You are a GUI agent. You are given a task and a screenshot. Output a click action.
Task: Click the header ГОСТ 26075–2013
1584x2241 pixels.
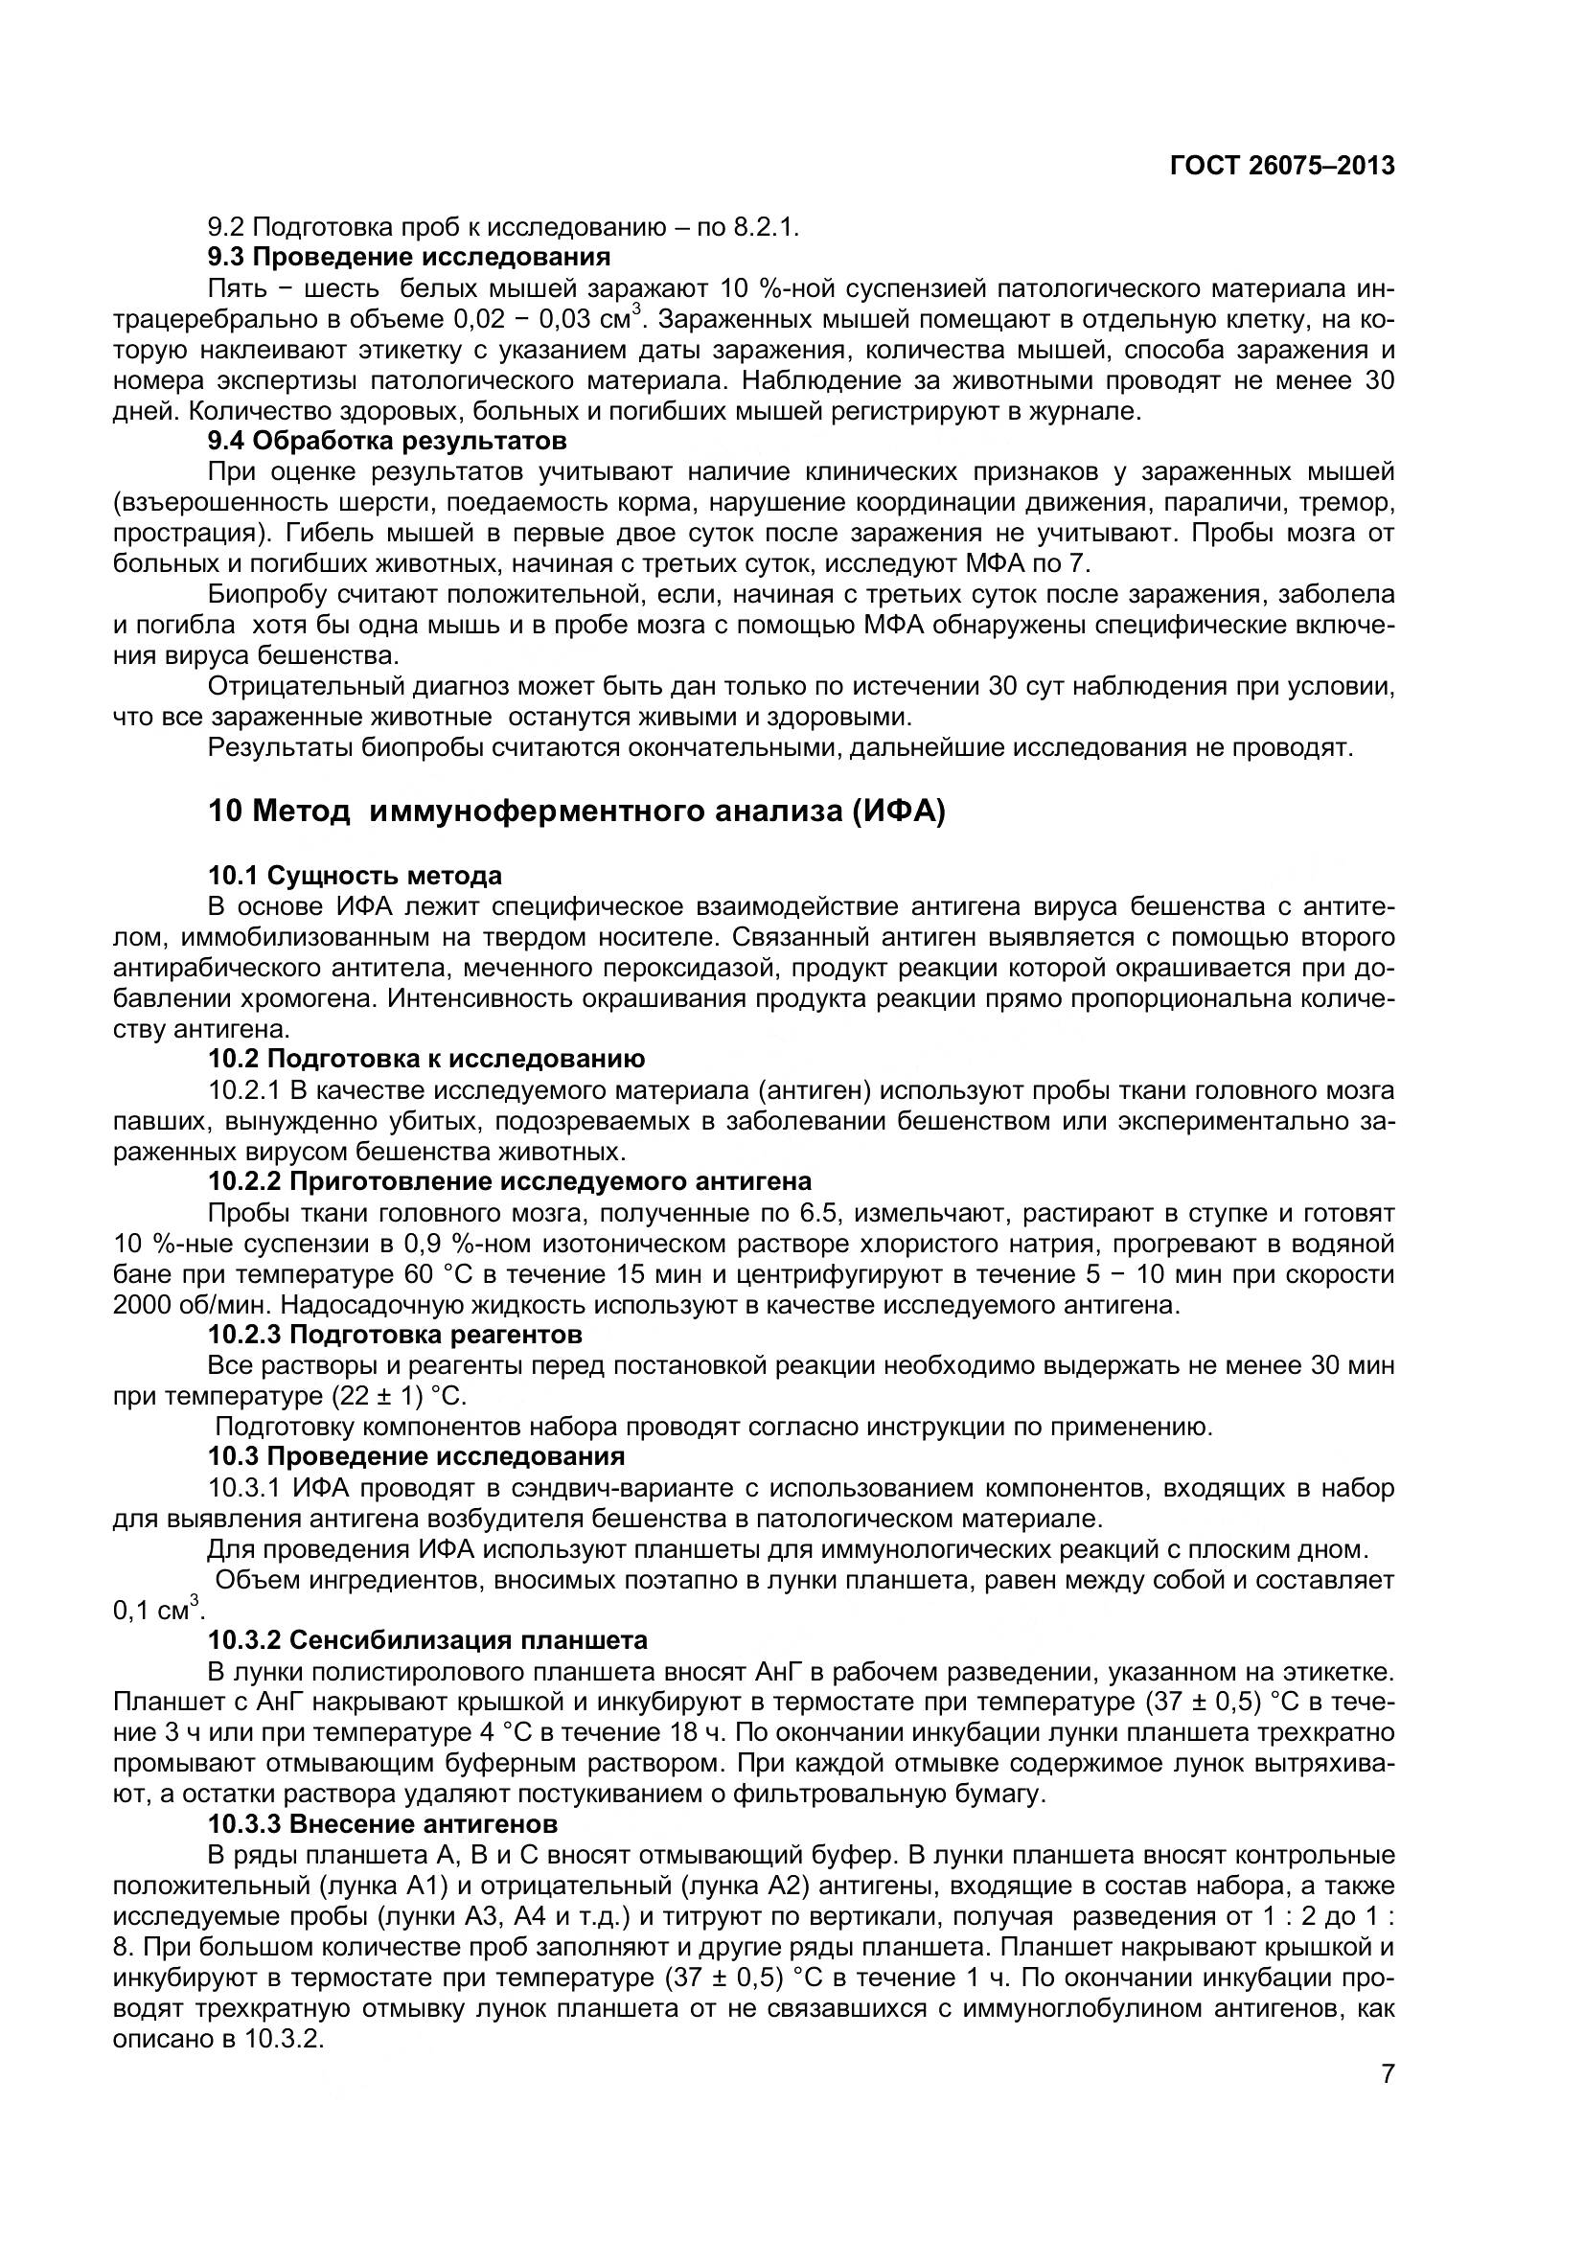[x=1281, y=166]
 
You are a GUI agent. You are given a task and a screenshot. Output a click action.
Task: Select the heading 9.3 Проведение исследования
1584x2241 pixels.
[x=409, y=258]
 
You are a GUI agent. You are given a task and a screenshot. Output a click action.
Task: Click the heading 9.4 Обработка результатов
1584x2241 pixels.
[x=386, y=441]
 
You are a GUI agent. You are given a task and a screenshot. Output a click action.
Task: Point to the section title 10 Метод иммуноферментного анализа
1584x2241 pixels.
[x=577, y=812]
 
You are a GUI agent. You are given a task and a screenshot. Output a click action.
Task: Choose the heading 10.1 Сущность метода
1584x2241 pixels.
[x=356, y=876]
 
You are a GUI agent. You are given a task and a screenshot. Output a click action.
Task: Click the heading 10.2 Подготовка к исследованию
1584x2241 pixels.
[x=425, y=1059]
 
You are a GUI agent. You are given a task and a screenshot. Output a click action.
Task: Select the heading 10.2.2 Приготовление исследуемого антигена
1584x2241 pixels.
[x=510, y=1182]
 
